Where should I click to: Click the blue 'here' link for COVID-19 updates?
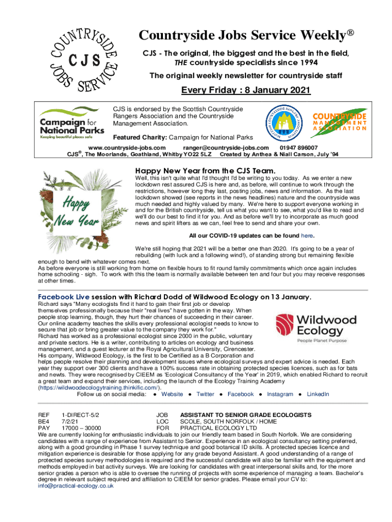tap(307, 236)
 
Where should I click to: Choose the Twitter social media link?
tap(205, 394)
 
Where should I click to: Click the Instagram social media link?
tap(280, 394)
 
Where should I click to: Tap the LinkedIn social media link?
tap(318, 394)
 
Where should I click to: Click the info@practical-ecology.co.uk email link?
tap(76, 486)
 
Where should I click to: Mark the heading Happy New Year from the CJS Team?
tap(205, 170)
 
